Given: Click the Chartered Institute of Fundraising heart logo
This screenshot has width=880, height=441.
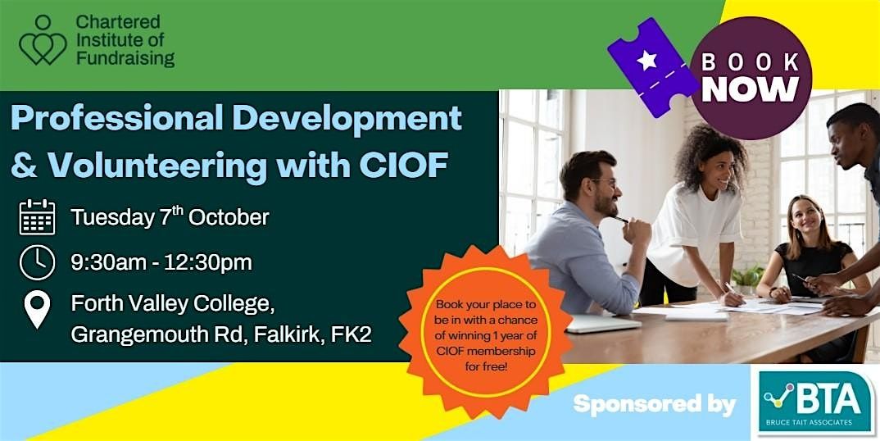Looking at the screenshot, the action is tap(43, 40).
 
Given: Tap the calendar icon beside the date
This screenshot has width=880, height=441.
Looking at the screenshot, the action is tap(38, 217).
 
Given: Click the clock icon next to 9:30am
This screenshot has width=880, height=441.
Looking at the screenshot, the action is tap(38, 262).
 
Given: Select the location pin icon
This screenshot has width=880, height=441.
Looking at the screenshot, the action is tap(38, 310).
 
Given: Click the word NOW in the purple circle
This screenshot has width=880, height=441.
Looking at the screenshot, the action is tap(751, 89).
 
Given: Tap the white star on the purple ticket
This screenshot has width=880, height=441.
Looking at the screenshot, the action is tap(646, 60).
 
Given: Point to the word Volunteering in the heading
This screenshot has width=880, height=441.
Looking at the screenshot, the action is tap(156, 165).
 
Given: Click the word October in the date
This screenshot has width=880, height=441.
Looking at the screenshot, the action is tap(229, 217).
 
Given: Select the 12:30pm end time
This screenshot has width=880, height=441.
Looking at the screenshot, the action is tap(208, 262).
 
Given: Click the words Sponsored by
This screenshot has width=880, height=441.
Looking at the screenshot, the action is tap(655, 404).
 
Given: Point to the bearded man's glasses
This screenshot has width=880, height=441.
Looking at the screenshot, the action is tap(605, 182).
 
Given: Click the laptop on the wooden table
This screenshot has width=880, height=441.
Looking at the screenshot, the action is tap(603, 324).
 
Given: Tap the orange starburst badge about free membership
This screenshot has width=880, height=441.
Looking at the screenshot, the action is tap(485, 332).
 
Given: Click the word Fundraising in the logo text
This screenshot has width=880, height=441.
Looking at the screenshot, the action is tap(125, 58).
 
